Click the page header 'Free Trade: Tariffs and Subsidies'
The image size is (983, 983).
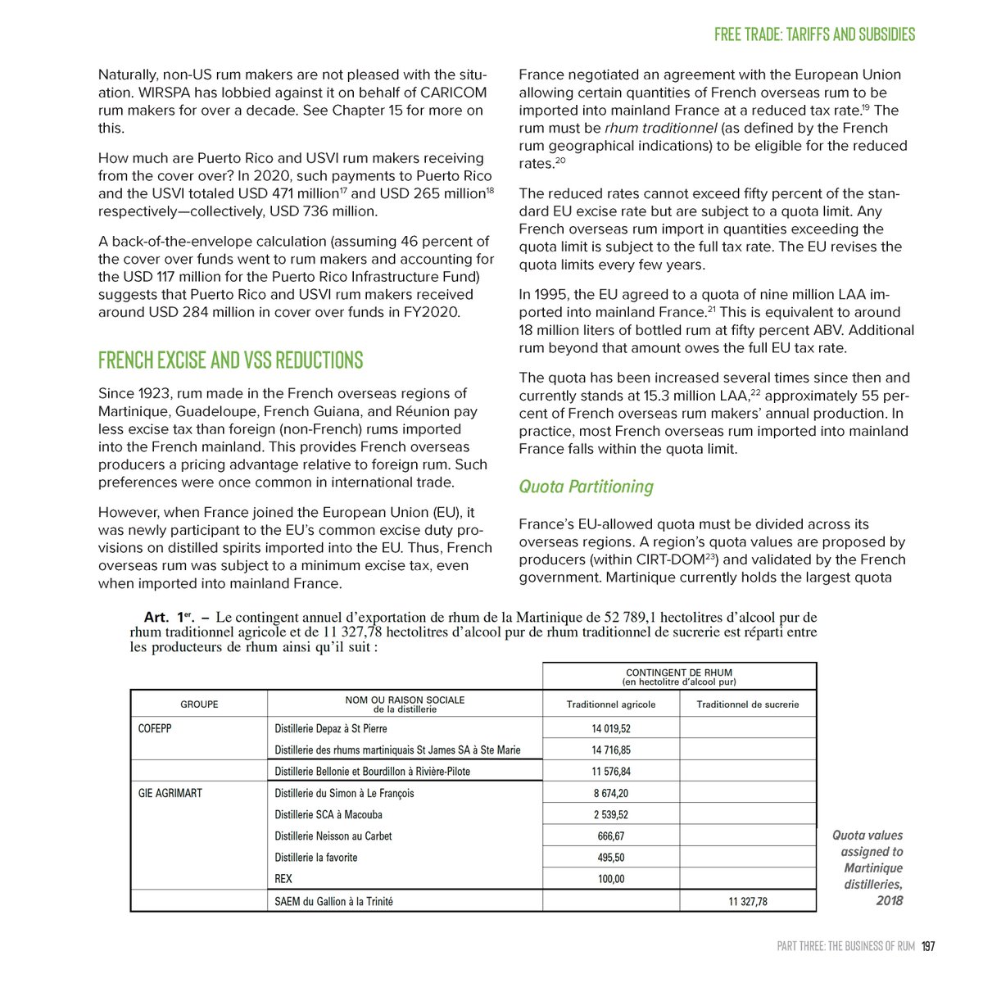point(814,34)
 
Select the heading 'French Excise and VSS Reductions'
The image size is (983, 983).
point(230,360)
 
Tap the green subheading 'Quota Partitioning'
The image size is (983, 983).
point(586,487)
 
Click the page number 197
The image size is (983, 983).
point(927,946)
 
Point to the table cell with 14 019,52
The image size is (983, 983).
point(610,728)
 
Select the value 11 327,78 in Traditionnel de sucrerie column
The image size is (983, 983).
point(748,901)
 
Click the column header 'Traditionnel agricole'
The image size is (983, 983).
point(610,704)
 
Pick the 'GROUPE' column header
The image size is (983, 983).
point(199,704)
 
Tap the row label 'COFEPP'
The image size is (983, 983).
point(155,728)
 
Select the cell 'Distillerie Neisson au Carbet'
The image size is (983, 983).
point(333,836)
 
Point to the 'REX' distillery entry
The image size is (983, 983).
point(283,879)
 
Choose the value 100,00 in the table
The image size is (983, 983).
point(610,879)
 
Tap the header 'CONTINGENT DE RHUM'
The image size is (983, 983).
point(678,673)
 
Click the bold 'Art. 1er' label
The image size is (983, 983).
point(166,618)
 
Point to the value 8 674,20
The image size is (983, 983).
point(610,793)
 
